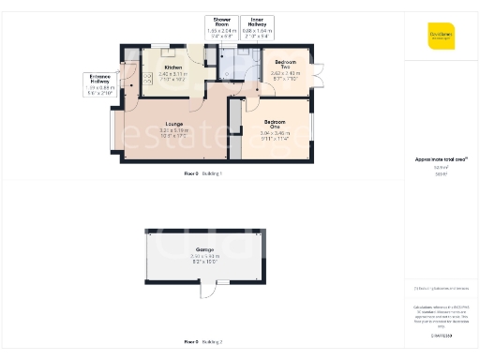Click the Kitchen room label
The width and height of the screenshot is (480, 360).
(173, 67)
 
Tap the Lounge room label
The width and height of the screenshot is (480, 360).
(174, 124)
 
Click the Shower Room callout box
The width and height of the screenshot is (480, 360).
(223, 26)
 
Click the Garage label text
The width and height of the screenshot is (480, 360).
(203, 248)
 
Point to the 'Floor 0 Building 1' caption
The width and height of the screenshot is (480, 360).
(203, 174)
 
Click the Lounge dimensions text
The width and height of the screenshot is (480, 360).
(174, 136)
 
